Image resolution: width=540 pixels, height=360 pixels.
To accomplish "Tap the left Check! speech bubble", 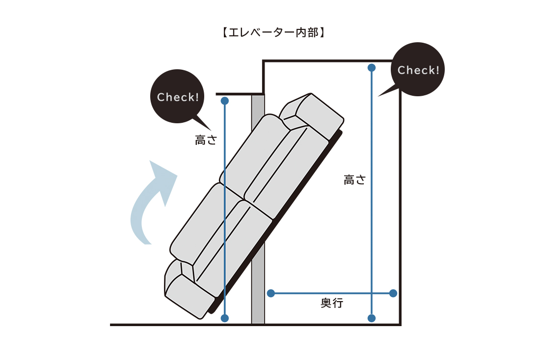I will tap(178, 97).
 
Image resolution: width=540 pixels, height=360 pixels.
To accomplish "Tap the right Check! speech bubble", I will tap(418, 70).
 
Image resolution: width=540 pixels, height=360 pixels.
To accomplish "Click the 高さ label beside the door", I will tap(206, 140).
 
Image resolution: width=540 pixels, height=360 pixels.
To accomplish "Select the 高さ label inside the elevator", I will tap(354, 180).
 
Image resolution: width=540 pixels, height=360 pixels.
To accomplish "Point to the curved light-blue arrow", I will tap(150, 201).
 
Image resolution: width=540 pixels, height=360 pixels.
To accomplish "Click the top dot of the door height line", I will tap(225, 101).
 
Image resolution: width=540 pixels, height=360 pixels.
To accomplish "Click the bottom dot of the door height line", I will tap(225, 318).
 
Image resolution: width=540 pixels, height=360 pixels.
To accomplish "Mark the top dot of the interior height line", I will tap(372, 67).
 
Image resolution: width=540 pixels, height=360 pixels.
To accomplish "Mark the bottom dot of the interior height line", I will tap(372, 318).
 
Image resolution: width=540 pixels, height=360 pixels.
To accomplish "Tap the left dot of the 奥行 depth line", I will tap(270, 293).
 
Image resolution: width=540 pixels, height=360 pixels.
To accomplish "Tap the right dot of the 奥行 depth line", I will tap(393, 293).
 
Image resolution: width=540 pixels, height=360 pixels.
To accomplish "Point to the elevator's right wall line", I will tap(401, 206).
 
